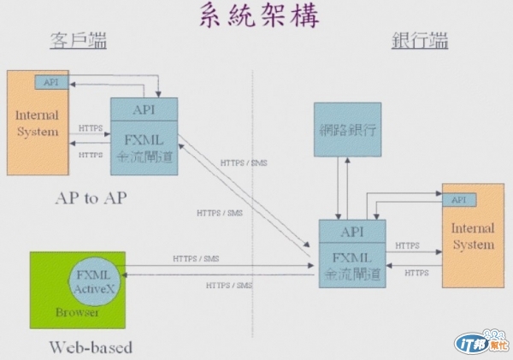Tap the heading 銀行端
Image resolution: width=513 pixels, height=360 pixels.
coord(420,41)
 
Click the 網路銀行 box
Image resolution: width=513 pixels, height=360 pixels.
coord(347,130)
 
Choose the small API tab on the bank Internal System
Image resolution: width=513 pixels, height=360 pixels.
coord(458,199)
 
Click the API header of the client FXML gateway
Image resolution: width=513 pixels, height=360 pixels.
coord(144,109)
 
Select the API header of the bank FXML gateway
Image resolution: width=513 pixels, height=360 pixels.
coord(352,231)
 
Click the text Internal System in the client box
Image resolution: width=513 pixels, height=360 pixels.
coord(38,123)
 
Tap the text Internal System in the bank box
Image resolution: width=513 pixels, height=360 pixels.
coord(472,237)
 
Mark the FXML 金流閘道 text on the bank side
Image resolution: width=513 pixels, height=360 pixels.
coord(352,268)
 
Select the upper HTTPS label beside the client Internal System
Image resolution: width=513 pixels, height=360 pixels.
coord(91,129)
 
